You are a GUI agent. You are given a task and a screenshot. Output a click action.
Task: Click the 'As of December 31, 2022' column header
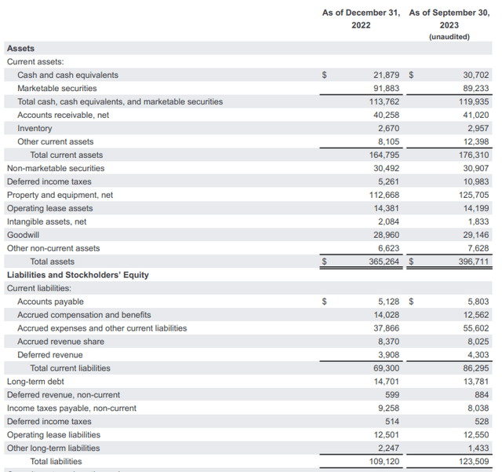pyautogui.click(x=362, y=18)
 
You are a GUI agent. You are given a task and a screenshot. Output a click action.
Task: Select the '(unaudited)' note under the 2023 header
pyautogui.click(x=449, y=36)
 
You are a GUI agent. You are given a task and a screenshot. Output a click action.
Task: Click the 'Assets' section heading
pyautogui.click(x=20, y=49)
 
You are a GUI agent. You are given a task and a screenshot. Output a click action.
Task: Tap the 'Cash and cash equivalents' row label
pyautogui.click(x=67, y=75)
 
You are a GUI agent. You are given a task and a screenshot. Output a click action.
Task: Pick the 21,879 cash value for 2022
pyautogui.click(x=384, y=75)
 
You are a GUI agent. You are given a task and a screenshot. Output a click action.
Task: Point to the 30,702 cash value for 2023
pyautogui.click(x=475, y=75)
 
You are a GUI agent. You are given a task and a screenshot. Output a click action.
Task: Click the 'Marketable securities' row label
pyautogui.click(x=58, y=89)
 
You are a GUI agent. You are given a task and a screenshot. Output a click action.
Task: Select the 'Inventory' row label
pyautogui.click(x=35, y=129)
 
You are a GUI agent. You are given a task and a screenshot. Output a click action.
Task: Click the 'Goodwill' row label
pyautogui.click(x=23, y=235)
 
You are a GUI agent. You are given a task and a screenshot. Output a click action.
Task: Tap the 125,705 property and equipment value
pyautogui.click(x=472, y=195)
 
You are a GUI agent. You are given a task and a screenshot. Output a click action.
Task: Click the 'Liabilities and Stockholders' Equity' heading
pyautogui.click(x=78, y=275)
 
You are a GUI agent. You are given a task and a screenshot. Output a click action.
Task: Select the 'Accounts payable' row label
pyautogui.click(x=50, y=302)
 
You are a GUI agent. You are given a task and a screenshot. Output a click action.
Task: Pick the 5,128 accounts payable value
pyautogui.click(x=387, y=302)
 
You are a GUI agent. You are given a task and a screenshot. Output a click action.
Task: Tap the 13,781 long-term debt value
pyautogui.click(x=475, y=382)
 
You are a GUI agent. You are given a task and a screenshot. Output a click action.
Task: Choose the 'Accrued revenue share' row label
pyautogui.click(x=60, y=342)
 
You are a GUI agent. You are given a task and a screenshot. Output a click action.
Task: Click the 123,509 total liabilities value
pyautogui.click(x=472, y=462)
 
